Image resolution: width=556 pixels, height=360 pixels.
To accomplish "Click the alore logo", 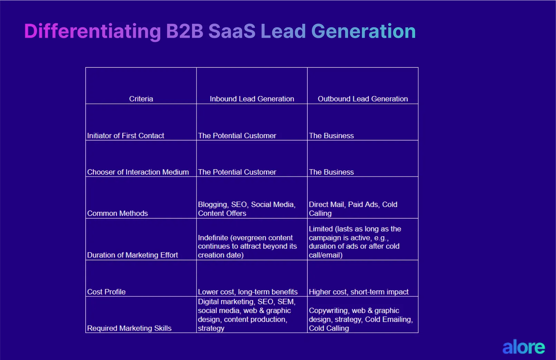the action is tap(523, 347).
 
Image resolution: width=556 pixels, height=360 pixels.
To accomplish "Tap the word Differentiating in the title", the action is tap(92, 31).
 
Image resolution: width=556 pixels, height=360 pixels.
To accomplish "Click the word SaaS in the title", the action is tap(232, 31).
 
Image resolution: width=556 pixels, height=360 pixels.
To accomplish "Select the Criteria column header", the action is tap(141, 99).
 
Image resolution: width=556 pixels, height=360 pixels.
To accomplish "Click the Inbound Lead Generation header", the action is tap(252, 99).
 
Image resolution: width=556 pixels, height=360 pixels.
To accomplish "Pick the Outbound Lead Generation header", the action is tap(363, 99).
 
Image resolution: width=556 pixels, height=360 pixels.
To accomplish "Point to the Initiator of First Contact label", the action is tap(125, 136).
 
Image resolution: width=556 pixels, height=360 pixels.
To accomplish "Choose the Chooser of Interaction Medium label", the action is tap(138, 172).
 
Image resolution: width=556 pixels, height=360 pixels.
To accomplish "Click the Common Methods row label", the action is tap(117, 214).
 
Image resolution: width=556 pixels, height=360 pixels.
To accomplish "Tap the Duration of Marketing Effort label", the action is tap(132, 255).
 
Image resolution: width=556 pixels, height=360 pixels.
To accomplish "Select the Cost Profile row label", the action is tap(106, 292).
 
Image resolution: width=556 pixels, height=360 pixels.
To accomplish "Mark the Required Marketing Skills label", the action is tap(129, 328).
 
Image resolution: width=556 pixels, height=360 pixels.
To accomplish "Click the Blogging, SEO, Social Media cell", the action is tap(247, 209).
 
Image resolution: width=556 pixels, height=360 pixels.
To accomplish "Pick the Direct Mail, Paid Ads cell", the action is tap(353, 209).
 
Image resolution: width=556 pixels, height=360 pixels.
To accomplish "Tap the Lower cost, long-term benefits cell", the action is tap(248, 292).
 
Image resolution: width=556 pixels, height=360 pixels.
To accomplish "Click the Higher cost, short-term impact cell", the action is tap(358, 292).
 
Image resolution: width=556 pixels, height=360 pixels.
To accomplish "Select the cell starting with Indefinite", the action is tap(247, 246).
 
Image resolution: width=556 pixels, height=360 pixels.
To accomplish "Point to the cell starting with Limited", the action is tap(355, 242).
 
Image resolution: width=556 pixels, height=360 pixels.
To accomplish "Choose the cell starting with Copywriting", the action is tap(361, 319).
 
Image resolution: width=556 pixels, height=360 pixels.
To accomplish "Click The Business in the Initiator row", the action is tap(331, 136).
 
